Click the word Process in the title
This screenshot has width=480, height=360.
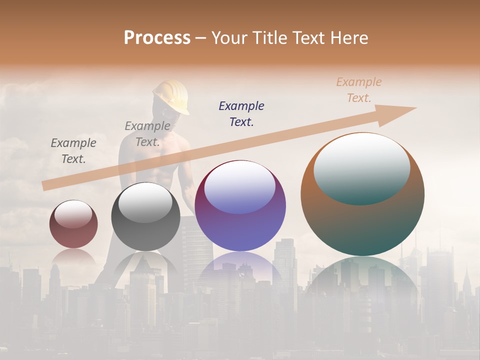(x=157, y=38)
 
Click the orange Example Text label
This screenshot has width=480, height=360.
(x=358, y=90)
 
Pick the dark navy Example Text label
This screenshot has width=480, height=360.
(x=241, y=113)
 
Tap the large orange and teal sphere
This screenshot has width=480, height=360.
(x=362, y=225)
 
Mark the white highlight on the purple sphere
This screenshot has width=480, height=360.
(x=240, y=187)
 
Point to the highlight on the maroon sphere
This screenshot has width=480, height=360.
(x=73, y=214)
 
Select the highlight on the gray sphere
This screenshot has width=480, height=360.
(x=145, y=202)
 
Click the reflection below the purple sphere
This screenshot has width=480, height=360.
(x=240, y=270)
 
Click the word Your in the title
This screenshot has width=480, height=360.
(x=228, y=38)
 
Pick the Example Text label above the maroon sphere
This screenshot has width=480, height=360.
(x=73, y=151)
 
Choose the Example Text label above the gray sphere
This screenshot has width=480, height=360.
(x=147, y=134)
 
